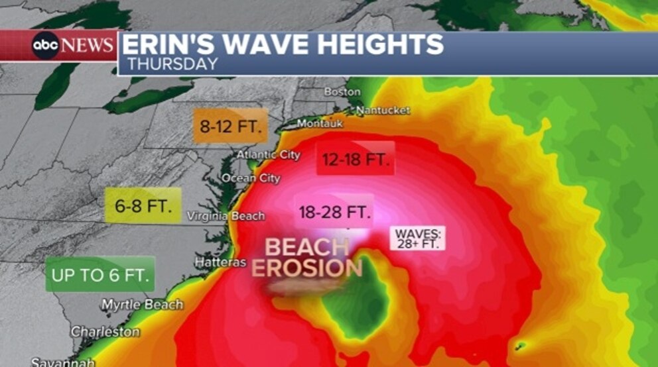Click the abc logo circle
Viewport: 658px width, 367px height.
click(46, 46)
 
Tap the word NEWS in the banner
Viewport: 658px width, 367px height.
click(88, 45)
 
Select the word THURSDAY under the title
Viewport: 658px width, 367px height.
click(172, 64)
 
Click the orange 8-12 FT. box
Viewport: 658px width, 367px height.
click(230, 127)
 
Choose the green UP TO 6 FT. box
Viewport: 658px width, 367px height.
click(100, 274)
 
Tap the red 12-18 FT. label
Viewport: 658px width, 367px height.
click(356, 159)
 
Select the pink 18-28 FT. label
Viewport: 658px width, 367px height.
click(333, 212)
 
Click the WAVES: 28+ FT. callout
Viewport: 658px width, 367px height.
click(417, 238)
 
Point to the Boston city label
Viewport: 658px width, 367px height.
click(342, 92)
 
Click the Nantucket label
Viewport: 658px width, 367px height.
click(384, 110)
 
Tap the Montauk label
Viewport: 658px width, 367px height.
click(320, 124)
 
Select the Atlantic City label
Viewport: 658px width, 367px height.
click(269, 155)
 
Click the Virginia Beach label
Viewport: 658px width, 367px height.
click(226, 216)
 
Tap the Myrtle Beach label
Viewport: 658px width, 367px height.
click(142, 305)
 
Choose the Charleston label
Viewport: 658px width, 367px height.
click(105, 331)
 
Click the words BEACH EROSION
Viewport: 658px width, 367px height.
click(306, 258)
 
